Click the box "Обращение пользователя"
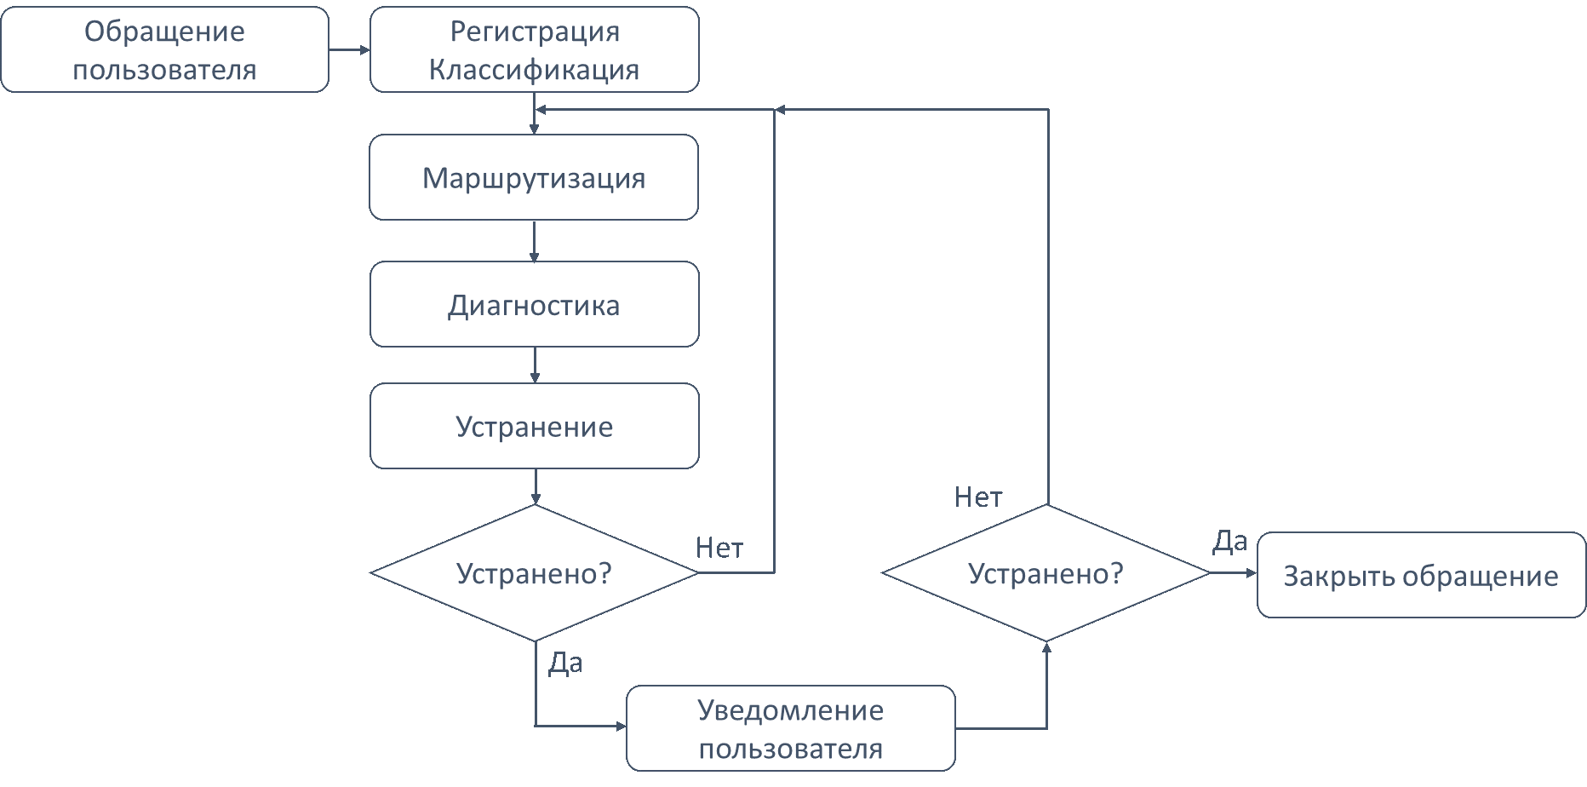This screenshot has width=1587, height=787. pos(164,49)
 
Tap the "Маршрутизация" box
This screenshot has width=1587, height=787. pos(534,177)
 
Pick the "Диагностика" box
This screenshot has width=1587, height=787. pos(534,304)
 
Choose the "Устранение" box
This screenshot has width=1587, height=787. pos(534,426)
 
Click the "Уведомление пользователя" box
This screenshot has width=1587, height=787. pos(790,728)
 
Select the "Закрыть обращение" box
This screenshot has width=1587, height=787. pos(1420,575)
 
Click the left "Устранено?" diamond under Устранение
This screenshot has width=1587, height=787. pos(534,573)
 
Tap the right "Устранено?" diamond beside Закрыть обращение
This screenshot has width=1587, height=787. pos(1046,573)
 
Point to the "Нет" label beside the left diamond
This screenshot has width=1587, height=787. pos(719,548)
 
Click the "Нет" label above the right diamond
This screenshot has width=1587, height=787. pos(978,497)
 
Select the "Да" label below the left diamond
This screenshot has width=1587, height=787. pos(565,663)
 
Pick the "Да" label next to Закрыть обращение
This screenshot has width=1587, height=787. pos(1229,541)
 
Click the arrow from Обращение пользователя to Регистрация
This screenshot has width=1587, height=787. pos(349,49)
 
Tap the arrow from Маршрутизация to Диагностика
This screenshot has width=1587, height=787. pos(534,241)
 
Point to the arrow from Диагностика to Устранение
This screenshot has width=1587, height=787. pos(534,365)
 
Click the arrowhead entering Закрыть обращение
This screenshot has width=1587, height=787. pos(1251,573)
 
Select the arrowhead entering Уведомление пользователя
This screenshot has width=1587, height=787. pos(620,727)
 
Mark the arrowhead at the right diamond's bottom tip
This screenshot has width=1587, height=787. pos(1046,648)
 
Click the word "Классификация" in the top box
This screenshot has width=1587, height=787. pos(534,70)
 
